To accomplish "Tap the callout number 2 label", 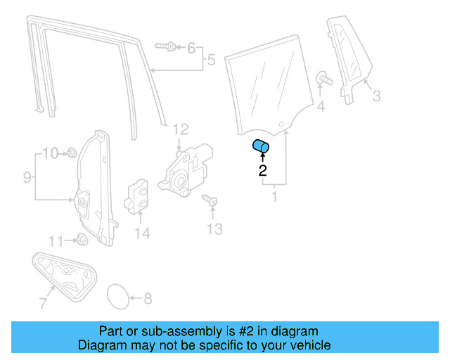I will click(x=262, y=169).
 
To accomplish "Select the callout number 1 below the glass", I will click(x=274, y=198).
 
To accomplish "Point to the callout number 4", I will click(x=210, y=61).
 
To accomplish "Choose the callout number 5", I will click(x=191, y=48).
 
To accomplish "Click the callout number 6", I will click(x=42, y=304).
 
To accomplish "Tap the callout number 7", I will click(x=147, y=298).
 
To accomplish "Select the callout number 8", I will click(x=27, y=177).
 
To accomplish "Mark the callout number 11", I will click(x=181, y=129).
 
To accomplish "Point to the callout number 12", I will click(x=214, y=229).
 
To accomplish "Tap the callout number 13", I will click(x=142, y=233).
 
